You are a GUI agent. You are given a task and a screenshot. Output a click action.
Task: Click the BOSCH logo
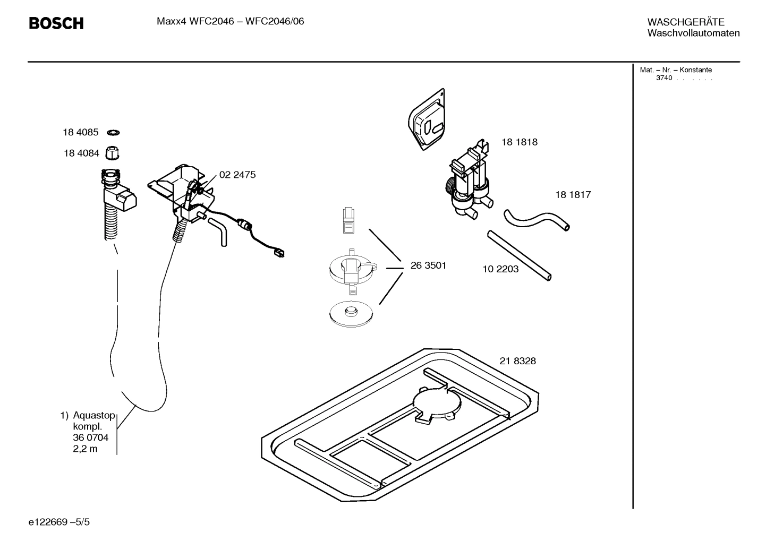[x=56, y=23]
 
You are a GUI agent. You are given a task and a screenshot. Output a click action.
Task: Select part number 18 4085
[x=81, y=133]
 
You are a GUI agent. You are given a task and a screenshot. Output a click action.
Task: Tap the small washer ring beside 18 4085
[x=113, y=132]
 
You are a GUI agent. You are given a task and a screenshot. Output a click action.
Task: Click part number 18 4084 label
[x=81, y=153]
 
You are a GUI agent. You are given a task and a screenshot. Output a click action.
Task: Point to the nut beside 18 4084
[x=112, y=153]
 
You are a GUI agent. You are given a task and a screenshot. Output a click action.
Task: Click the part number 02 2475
[x=237, y=175]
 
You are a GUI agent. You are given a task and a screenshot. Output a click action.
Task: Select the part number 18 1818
[x=519, y=142]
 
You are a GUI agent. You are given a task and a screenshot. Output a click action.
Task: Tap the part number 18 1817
[x=573, y=194]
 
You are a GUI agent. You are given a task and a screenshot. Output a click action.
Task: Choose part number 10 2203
[x=500, y=269]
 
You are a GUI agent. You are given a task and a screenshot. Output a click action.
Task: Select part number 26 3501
[x=428, y=265]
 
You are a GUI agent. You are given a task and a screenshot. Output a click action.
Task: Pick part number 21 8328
[x=517, y=361]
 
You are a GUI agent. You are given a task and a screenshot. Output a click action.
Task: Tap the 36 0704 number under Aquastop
[x=90, y=437]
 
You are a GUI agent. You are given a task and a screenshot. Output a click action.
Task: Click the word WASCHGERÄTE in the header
[x=685, y=22]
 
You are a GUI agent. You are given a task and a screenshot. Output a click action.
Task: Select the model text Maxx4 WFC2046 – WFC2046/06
[x=230, y=22]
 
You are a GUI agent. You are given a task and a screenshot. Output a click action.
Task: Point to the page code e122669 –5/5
[x=59, y=522]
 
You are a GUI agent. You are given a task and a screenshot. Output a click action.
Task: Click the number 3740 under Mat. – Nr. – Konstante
[x=663, y=78]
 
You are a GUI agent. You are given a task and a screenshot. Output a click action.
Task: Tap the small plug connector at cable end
[x=279, y=253]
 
